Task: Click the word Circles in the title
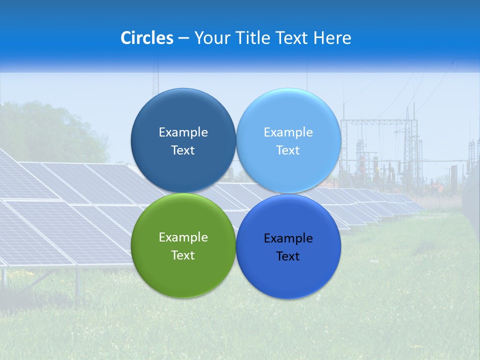pos(147,38)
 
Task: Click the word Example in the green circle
pos(183,237)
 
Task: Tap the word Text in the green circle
pos(183,255)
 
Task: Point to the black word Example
pos(288,238)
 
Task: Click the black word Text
pos(288,256)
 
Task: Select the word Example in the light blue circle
pos(288,132)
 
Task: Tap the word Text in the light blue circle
pos(288,150)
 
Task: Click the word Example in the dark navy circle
pos(183,132)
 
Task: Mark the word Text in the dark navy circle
pos(183,150)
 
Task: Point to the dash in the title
pos(183,38)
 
